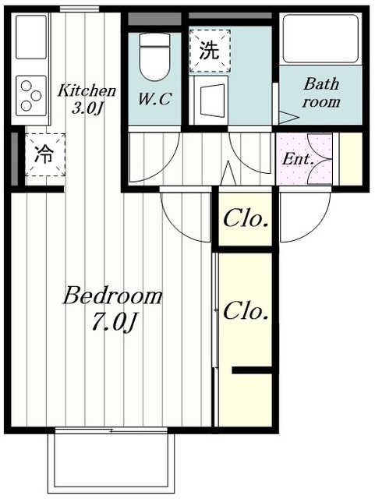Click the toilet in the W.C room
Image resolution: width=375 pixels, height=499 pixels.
[154, 57]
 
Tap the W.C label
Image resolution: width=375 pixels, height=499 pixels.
[154, 99]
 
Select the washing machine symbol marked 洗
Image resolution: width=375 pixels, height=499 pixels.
[210, 51]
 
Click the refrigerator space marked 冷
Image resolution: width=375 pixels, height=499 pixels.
[45, 154]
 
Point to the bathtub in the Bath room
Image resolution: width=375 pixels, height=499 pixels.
[320, 39]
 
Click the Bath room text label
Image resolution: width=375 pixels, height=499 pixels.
[321, 93]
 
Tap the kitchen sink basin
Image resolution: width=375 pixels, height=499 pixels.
[31, 37]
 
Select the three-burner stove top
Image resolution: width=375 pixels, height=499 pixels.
[31, 95]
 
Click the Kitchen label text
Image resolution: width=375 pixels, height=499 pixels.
[87, 90]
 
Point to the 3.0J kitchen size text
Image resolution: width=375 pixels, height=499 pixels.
[87, 109]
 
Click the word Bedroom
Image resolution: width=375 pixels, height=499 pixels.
[113, 296]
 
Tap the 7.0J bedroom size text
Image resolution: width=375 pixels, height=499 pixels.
[115, 322]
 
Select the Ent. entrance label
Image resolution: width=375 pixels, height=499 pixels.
[297, 159]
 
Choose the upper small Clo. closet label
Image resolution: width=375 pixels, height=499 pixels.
[246, 219]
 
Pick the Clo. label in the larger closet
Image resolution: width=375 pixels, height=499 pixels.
[246, 310]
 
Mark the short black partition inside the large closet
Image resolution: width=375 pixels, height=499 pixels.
[252, 370]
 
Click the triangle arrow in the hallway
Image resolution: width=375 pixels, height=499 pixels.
[228, 173]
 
